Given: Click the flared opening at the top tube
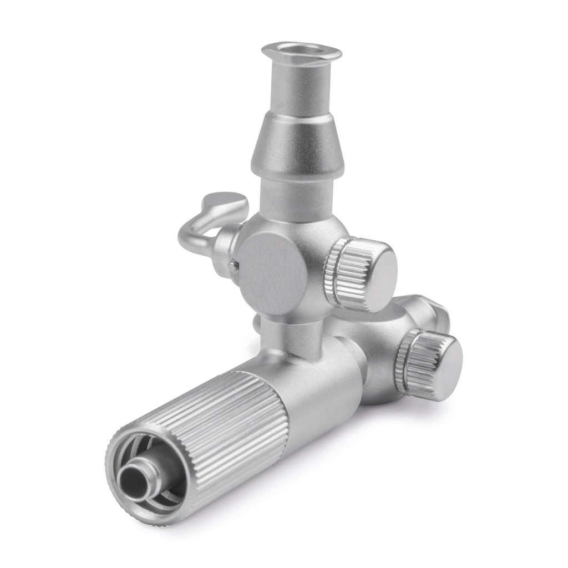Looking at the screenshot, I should pyautogui.click(x=301, y=52).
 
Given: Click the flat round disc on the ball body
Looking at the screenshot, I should pyautogui.click(x=272, y=272).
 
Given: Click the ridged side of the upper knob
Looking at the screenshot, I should pyautogui.click(x=338, y=272).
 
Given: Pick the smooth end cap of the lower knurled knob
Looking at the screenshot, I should pyautogui.click(x=439, y=366).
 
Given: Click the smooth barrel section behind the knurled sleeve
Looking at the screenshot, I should pyautogui.click(x=322, y=388).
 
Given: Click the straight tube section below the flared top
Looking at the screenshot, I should pyautogui.click(x=300, y=86).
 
